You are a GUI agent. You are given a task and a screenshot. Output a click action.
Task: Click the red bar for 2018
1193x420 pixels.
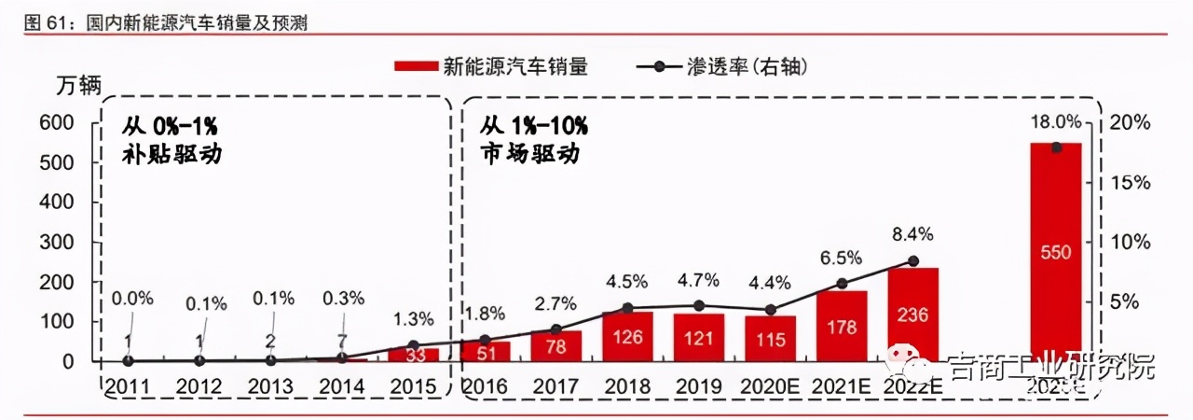point(627,336)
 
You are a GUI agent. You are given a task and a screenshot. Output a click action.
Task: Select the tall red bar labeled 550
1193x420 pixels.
point(1055,252)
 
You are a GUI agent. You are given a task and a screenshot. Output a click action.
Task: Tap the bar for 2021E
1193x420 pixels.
point(842,326)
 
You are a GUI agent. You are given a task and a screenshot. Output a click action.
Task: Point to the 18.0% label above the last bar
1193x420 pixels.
point(1055,122)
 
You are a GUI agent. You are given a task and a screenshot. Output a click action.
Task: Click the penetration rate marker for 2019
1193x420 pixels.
point(698,305)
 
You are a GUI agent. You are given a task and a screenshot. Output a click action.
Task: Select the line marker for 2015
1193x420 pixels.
point(413,345)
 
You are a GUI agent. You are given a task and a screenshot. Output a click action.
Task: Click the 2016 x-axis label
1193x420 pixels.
point(485,385)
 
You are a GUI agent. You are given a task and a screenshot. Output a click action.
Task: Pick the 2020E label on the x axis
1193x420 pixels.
point(770,385)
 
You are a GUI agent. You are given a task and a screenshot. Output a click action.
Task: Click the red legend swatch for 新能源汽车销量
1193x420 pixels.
point(415,66)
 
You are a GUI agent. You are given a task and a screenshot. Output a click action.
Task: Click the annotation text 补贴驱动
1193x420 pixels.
point(171,154)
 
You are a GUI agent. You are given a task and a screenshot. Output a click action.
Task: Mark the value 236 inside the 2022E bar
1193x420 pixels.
point(912,315)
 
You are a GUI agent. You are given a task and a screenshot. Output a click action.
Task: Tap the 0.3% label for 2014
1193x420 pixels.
point(342,299)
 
